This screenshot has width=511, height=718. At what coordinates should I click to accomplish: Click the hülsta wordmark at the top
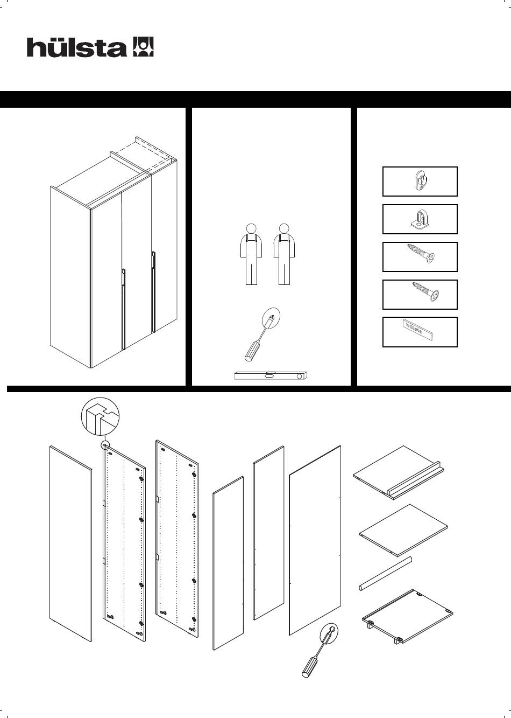pos(76,47)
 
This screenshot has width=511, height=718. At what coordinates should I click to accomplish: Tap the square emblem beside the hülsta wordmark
pos(143,47)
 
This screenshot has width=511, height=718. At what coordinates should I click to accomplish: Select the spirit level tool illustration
pos(271,375)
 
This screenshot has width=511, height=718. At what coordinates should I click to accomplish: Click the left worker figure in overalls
pos(251,254)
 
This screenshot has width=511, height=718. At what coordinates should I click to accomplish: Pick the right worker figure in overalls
pos(284,254)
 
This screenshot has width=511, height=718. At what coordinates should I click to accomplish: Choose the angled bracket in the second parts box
pos(420,219)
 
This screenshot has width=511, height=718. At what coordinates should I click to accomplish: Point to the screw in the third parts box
pos(421,254)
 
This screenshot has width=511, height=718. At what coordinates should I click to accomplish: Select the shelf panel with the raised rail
pos(399,471)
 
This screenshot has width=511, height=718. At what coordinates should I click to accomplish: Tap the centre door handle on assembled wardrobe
pos(123,309)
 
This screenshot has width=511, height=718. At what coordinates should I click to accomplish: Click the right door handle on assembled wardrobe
pos(154,291)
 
